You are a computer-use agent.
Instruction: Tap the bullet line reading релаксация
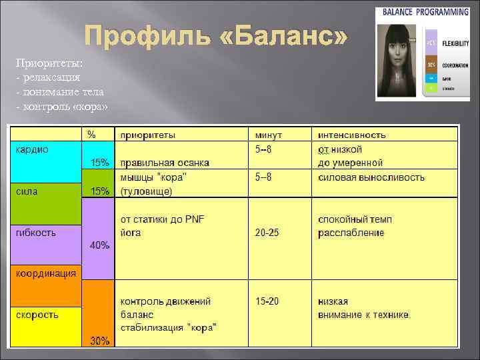click(x=50, y=77)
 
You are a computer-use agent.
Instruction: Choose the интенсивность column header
click(x=352, y=135)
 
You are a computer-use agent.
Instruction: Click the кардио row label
click(x=32, y=149)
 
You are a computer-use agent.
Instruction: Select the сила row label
click(x=27, y=191)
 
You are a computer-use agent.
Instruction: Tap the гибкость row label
click(x=36, y=233)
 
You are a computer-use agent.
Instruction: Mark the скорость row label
click(x=37, y=314)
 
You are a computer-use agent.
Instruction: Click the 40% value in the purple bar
click(x=99, y=245)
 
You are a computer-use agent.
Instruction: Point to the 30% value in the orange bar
click(x=99, y=341)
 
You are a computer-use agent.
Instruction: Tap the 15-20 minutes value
click(x=268, y=301)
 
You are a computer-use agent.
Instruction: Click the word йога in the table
click(x=131, y=233)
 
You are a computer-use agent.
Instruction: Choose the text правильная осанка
click(x=165, y=163)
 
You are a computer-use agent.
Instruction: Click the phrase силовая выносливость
click(x=372, y=178)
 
